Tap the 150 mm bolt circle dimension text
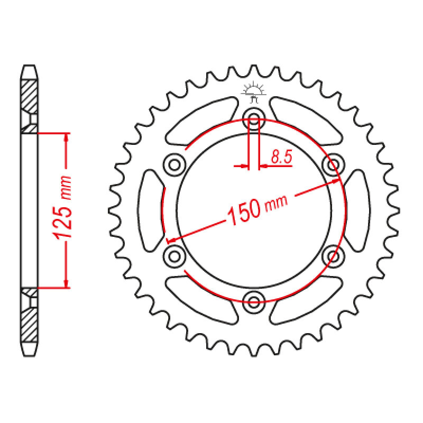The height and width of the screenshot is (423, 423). tap(258, 209)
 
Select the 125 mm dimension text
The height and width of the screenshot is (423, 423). tap(63, 208)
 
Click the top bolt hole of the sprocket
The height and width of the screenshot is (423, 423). tap(254, 118)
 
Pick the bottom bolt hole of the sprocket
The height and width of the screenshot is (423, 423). tap(254, 302)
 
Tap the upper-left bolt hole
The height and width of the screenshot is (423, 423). tap(174, 164)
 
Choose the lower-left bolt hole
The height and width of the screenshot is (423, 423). tap(174, 256)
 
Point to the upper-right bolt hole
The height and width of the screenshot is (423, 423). tap(333, 164)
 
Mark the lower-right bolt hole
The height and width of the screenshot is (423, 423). tap(333, 256)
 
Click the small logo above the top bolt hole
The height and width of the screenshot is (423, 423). tap(254, 94)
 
